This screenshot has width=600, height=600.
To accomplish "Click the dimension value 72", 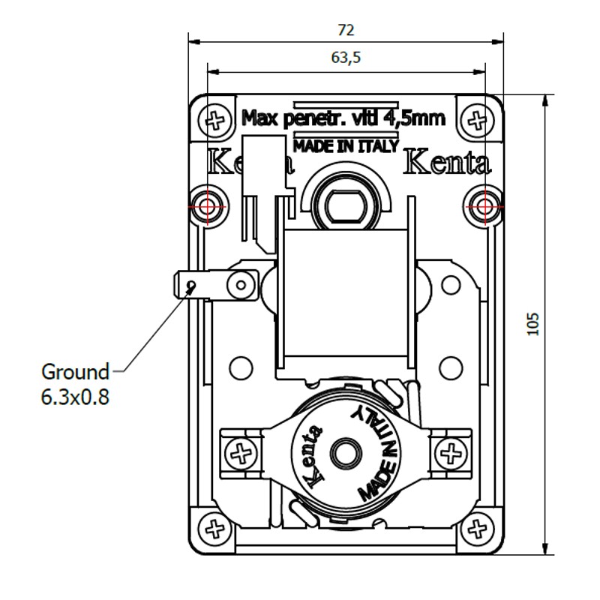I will [x=346, y=30].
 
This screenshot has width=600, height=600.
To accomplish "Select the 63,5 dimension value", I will [x=346, y=57].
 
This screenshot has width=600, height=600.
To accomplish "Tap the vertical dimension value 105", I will [x=533, y=324].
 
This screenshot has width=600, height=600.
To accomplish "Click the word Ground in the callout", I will [x=75, y=371].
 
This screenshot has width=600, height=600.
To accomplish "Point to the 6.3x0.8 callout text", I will [x=75, y=397].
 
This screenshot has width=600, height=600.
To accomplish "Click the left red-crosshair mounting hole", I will [x=211, y=203].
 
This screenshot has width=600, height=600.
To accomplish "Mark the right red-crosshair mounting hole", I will [x=481, y=203].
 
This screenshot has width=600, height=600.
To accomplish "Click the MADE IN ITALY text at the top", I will [x=346, y=146].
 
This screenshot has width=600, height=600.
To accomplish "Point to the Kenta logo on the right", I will [x=447, y=163].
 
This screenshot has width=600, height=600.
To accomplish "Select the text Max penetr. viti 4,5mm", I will [x=344, y=118].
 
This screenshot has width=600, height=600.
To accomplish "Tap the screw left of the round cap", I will [x=241, y=453].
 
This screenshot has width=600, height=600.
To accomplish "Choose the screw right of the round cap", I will [x=451, y=453].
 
